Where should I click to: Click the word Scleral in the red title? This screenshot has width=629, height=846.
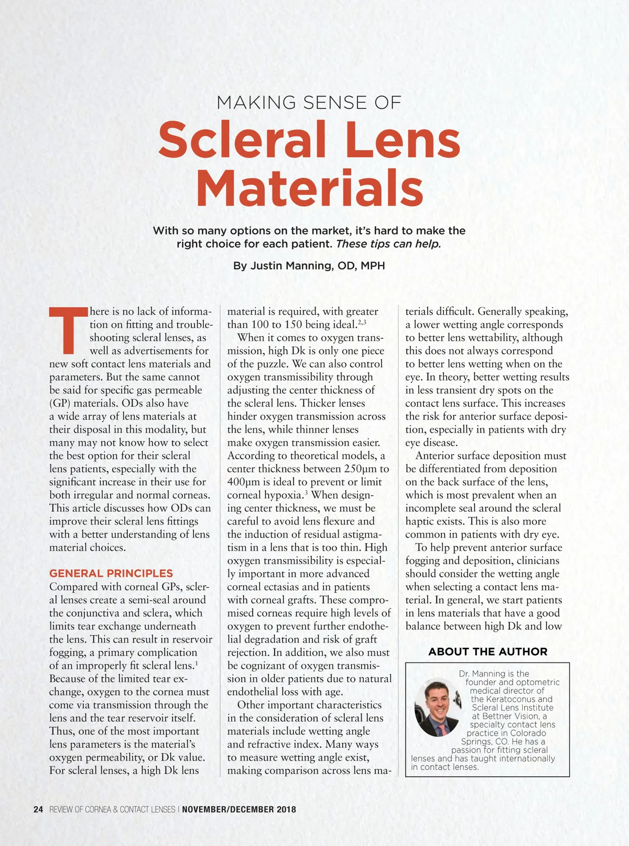click(242, 139)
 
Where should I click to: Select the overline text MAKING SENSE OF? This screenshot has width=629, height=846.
click(309, 102)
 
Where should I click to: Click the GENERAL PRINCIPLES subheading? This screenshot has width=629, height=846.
click(111, 573)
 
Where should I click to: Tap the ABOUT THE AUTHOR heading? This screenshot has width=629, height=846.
click(487, 652)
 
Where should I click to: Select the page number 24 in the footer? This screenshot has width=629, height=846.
click(38, 809)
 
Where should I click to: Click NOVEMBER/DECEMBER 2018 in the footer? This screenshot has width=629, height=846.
click(239, 809)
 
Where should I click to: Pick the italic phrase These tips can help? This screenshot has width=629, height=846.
click(388, 244)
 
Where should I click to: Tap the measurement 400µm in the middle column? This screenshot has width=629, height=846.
click(244, 482)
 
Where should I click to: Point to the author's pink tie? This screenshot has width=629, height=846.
click(442, 730)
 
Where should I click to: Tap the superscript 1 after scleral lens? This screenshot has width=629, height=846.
click(196, 663)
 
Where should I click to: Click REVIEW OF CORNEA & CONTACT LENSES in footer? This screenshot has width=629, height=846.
click(112, 809)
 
